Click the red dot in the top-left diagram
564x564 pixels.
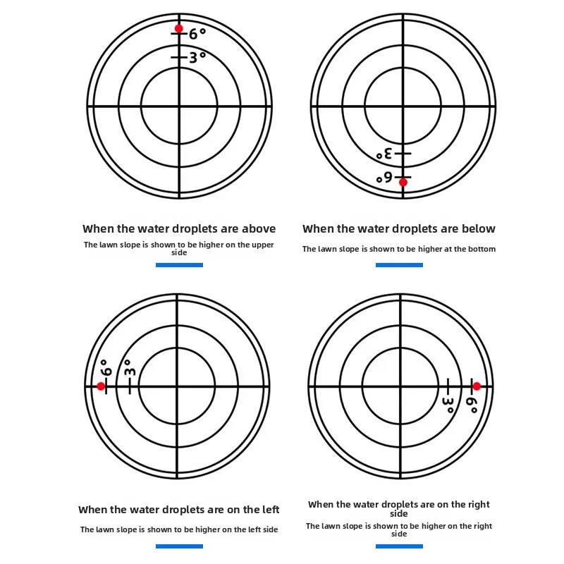click(x=179, y=28)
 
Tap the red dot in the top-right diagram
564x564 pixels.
click(x=403, y=183)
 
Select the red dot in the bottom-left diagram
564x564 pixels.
click(x=101, y=386)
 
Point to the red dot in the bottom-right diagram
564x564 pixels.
click(x=477, y=386)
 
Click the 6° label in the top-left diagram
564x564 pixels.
click(x=197, y=34)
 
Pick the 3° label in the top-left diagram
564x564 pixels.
click(x=197, y=58)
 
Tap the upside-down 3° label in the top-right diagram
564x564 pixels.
click(x=384, y=154)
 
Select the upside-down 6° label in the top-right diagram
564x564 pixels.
click(x=384, y=178)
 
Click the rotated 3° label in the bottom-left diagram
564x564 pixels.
click(x=130, y=367)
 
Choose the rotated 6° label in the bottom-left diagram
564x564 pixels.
click(x=106, y=367)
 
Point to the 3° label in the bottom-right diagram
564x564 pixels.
click(x=448, y=405)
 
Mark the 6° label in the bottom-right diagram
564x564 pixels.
click(x=472, y=405)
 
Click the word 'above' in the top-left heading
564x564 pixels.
click(x=259, y=228)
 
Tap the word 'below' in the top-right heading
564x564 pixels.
click(x=479, y=228)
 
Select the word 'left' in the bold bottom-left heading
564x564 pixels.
click(x=271, y=510)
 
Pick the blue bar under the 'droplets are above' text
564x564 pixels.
click(x=179, y=265)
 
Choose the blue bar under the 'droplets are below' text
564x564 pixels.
click(x=399, y=265)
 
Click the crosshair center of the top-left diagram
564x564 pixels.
click(x=179, y=106)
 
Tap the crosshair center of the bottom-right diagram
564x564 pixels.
click(x=400, y=386)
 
